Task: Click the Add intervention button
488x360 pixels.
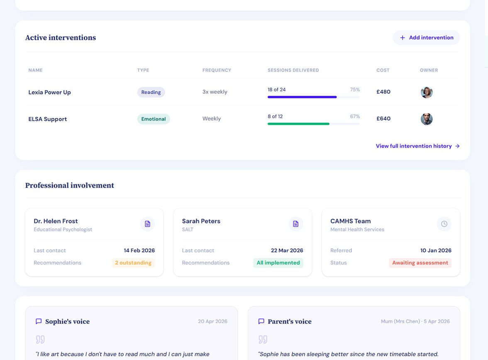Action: [426, 38]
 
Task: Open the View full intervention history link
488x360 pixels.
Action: [417, 146]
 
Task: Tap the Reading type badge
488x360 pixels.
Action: [151, 92]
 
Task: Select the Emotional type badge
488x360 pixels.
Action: [154, 119]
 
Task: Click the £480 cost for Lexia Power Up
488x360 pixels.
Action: [383, 92]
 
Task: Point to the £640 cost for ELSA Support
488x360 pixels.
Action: [383, 119]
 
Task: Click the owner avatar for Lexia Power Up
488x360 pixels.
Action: [427, 92]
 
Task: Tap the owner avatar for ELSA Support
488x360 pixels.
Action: [427, 119]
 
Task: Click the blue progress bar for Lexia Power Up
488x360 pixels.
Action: [302, 97]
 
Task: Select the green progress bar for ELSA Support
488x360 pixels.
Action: [298, 124]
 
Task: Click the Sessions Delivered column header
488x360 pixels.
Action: [293, 71]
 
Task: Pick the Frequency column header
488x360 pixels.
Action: [217, 71]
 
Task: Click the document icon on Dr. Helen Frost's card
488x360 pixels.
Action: [148, 224]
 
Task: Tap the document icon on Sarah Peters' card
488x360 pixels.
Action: [295, 224]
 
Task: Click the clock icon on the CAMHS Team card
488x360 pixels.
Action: [444, 224]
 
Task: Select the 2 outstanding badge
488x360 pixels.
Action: [133, 263]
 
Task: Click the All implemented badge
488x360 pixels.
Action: [278, 263]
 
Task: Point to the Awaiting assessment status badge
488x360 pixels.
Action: [420, 263]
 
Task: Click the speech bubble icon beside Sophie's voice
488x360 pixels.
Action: [39, 321]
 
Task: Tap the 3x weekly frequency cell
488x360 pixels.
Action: [215, 92]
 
